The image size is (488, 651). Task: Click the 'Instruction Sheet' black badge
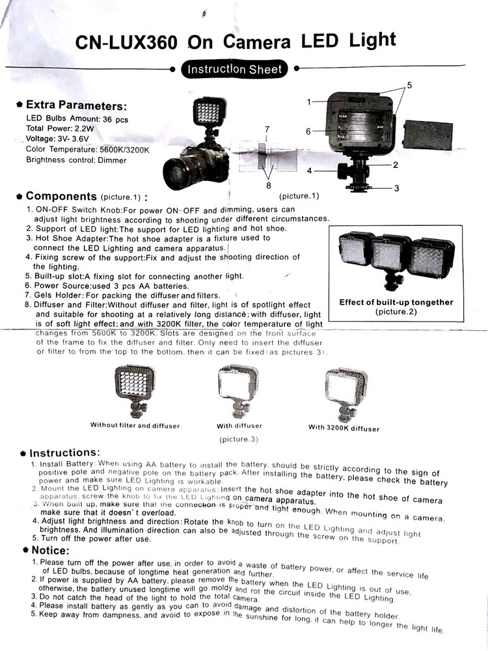[235, 69]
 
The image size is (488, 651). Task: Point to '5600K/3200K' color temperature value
[124, 150]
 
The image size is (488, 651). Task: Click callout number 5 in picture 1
[409, 86]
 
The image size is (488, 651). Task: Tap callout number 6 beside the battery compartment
[308, 131]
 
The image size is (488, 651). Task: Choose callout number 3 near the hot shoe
[396, 188]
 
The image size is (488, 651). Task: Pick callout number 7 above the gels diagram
[266, 129]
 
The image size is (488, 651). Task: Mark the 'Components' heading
[61, 196]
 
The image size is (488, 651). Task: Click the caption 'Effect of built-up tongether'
[396, 303]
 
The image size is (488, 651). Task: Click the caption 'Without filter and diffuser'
[135, 425]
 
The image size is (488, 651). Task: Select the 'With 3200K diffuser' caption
[344, 428]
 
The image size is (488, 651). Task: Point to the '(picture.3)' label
[239, 439]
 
